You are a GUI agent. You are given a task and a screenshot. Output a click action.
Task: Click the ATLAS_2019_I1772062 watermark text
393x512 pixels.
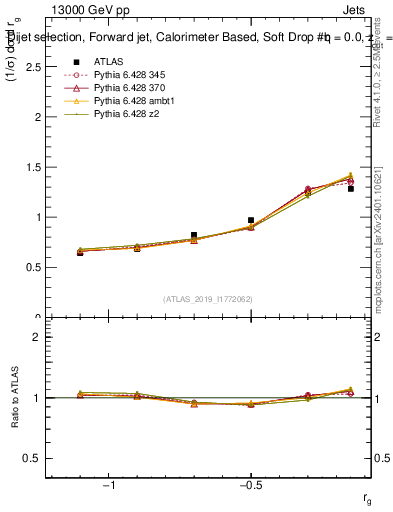209,299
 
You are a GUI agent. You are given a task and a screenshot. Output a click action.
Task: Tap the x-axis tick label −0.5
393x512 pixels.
250,485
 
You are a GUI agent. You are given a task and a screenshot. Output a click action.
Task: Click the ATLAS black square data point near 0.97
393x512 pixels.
251,220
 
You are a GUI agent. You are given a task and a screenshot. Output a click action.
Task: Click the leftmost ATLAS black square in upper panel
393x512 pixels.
80,252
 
